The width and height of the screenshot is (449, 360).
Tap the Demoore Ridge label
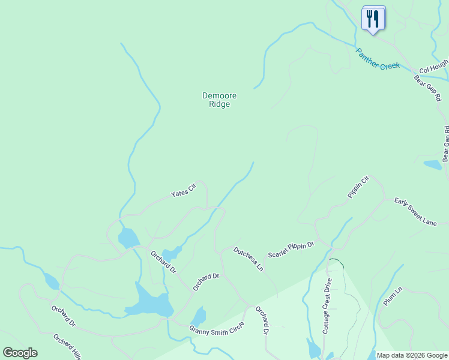pos(219,100)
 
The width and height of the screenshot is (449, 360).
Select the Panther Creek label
pos(378,59)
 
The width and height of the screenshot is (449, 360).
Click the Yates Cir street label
pos(184,191)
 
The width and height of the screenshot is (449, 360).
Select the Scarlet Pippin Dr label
pos(291,250)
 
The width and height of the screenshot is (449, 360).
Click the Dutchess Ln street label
pos(249,259)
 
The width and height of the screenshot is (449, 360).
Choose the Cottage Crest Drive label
pos(327,305)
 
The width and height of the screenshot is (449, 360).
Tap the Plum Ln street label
pos(392,296)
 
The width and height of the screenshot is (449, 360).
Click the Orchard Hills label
pos(67,347)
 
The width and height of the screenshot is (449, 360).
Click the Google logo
pos(20,353)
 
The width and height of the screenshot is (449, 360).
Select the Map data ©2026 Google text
pos(412,355)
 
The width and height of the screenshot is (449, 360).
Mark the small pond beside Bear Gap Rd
pos(432,164)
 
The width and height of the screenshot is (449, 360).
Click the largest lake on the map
pos(149,302)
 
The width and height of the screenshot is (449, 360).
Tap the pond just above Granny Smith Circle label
pos(198,316)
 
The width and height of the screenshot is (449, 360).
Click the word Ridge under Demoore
pos(219,104)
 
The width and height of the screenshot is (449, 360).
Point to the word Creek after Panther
pos(389,64)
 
